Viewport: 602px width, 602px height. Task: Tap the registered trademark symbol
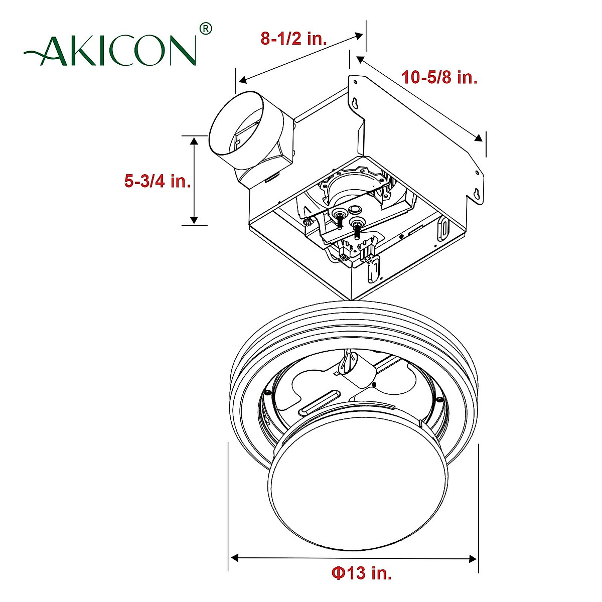206,29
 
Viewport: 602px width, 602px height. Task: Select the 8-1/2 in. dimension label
293,39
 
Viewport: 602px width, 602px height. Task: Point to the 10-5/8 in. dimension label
439,78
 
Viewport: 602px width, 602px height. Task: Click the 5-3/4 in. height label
158,181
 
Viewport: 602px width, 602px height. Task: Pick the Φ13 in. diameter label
361,572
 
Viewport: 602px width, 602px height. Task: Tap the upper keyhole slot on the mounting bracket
355,102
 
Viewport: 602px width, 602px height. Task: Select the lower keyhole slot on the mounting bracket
477,193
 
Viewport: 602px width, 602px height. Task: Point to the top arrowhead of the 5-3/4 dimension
194,140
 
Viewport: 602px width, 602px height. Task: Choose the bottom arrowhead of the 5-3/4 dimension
194,220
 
